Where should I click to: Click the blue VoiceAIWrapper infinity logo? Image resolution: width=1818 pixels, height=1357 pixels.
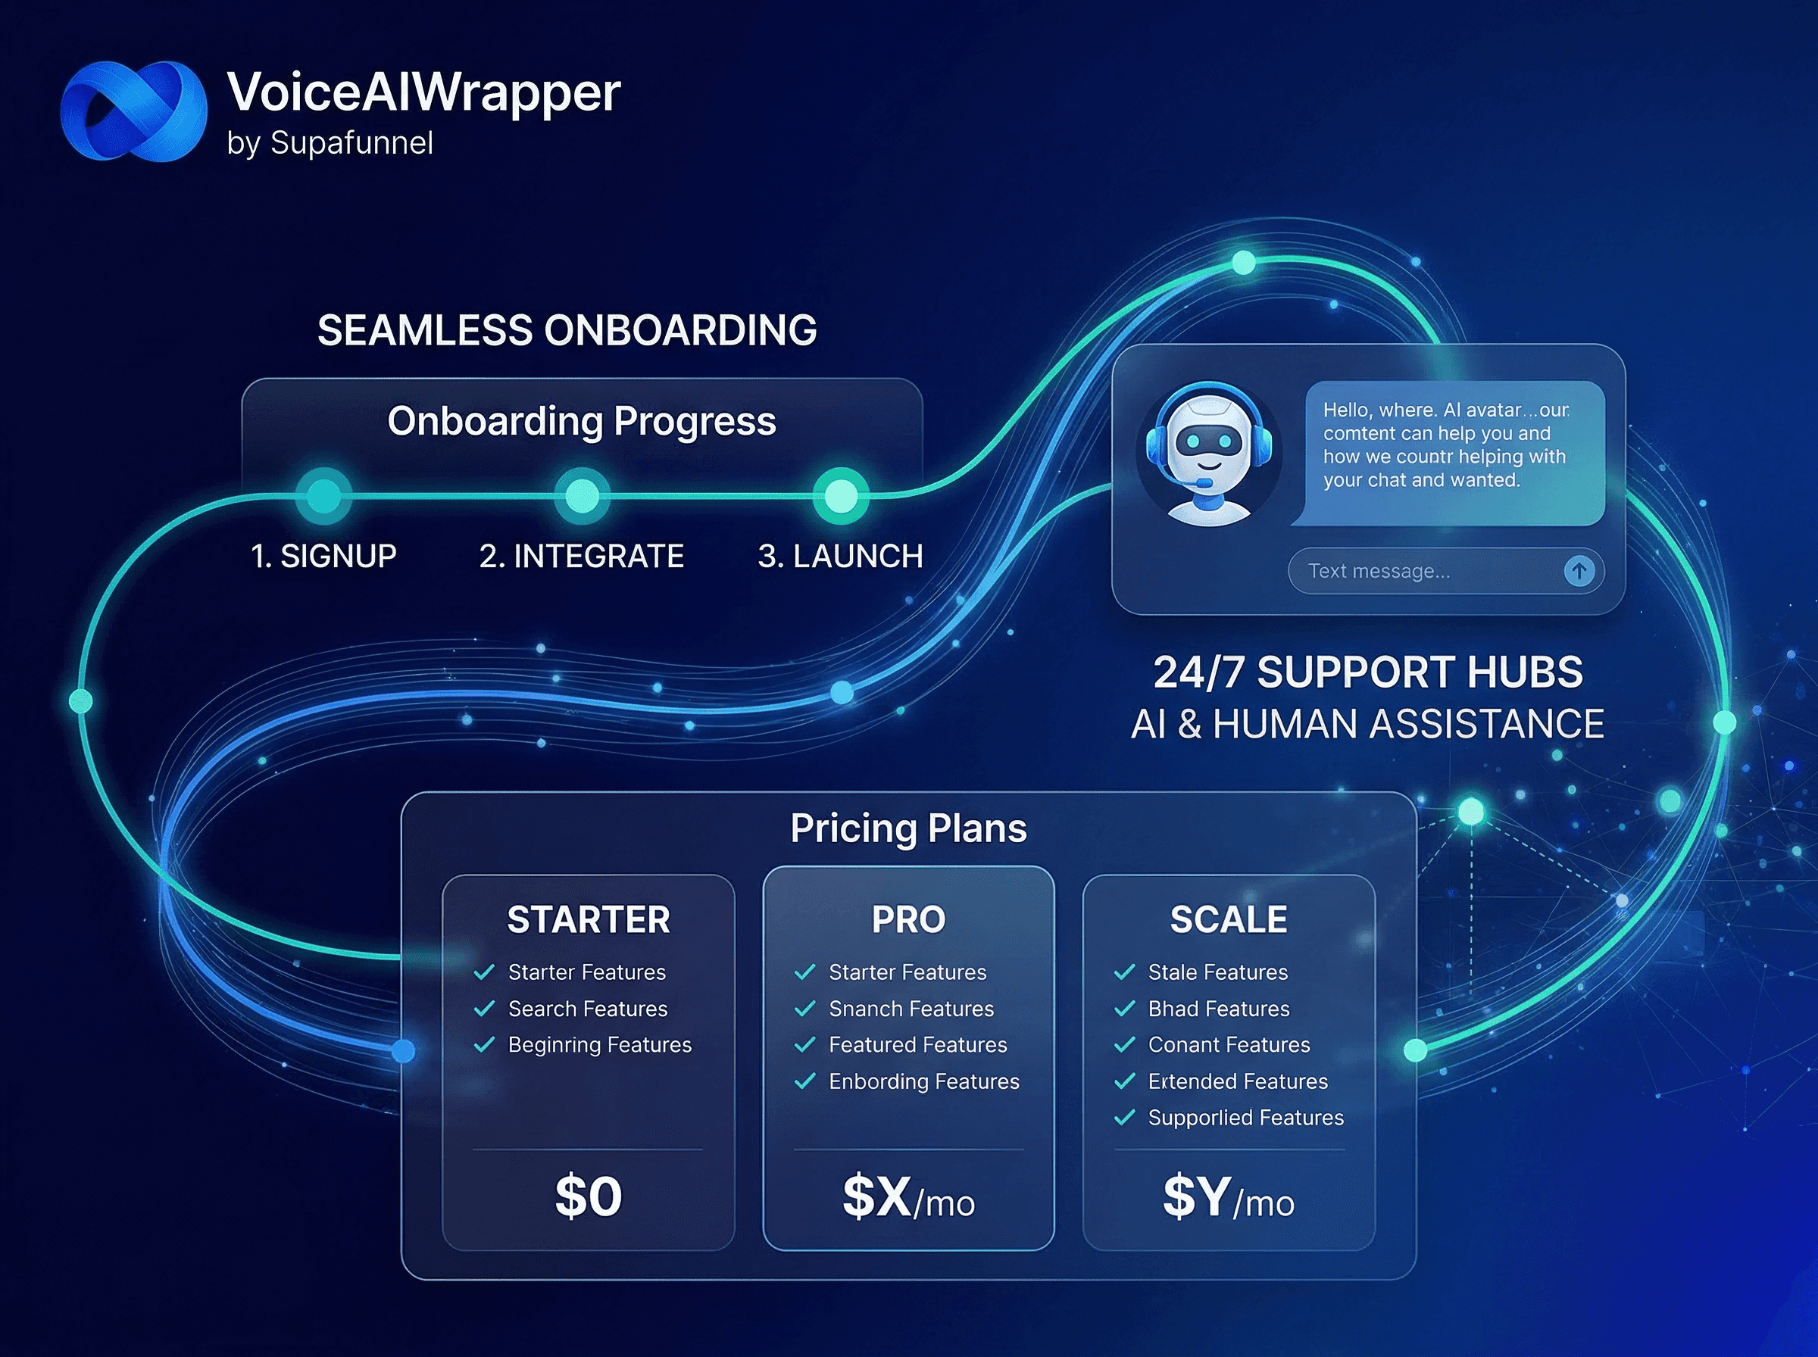click(x=133, y=111)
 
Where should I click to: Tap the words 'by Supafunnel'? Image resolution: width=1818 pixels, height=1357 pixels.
click(x=330, y=144)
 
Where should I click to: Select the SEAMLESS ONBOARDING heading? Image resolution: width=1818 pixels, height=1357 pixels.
click(x=567, y=330)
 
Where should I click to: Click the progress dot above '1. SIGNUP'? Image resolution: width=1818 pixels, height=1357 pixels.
click(x=323, y=495)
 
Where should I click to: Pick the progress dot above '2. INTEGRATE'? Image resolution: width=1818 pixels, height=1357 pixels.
click(x=582, y=495)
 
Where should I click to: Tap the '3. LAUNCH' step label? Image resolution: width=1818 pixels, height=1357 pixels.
click(x=840, y=556)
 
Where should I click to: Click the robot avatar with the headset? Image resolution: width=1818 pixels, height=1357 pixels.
click(x=1208, y=454)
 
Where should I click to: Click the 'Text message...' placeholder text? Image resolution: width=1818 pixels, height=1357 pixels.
click(x=1379, y=571)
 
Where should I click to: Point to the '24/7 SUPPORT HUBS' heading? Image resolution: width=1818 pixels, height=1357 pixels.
click(x=1368, y=672)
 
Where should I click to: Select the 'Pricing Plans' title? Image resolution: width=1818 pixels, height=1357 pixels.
click(x=908, y=828)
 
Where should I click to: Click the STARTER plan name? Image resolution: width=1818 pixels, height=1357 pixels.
click(x=589, y=919)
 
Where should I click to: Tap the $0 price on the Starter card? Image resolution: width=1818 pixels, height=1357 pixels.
click(x=589, y=1196)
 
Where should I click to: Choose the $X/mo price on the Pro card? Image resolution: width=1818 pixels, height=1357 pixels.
click(x=908, y=1198)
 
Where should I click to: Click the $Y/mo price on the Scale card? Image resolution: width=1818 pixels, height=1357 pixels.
click(x=1228, y=1198)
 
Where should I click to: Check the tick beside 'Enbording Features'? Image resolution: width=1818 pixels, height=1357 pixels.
click(x=805, y=1081)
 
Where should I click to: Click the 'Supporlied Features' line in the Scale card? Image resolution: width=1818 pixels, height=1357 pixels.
click(x=1245, y=1117)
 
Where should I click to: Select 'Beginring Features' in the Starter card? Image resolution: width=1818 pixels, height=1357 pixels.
click(x=600, y=1045)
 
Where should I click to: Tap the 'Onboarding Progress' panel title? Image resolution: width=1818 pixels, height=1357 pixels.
click(x=582, y=421)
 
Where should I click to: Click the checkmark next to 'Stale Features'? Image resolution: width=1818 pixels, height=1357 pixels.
click(x=1125, y=972)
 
